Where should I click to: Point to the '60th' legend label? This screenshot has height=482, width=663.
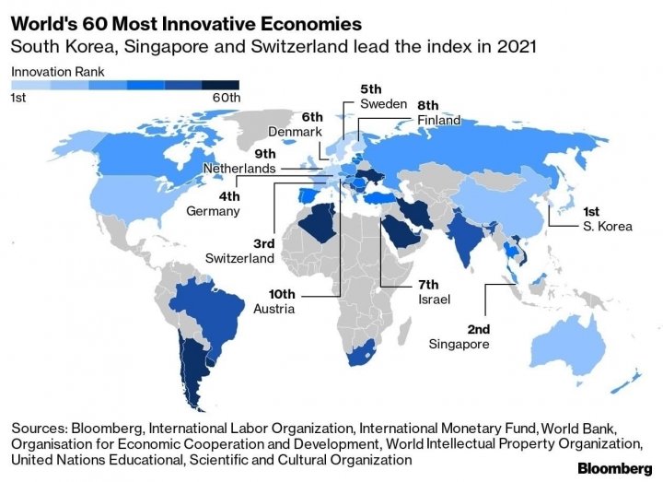pyautogui.click(x=227, y=97)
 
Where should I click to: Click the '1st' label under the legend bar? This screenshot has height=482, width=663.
pyautogui.click(x=18, y=97)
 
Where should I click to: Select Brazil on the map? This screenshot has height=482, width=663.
pyautogui.click(x=211, y=305)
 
